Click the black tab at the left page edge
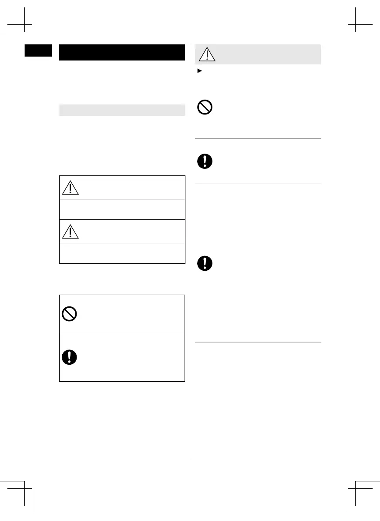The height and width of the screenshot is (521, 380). [38, 50]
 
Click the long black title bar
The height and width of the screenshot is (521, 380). [122, 52]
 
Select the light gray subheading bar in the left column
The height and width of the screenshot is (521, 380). [122, 110]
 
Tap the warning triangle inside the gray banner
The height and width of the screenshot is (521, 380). [207, 54]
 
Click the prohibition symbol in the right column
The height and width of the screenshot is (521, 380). [205, 107]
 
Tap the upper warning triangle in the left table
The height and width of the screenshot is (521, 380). [70, 188]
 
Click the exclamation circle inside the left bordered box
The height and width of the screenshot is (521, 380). [70, 357]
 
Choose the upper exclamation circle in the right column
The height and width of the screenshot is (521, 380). [205, 161]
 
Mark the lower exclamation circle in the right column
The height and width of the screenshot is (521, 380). [205, 263]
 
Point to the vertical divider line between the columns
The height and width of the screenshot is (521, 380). [190, 261]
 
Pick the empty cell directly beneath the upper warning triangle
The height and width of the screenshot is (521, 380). [122, 209]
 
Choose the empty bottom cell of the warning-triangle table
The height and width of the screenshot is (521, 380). [122, 253]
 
